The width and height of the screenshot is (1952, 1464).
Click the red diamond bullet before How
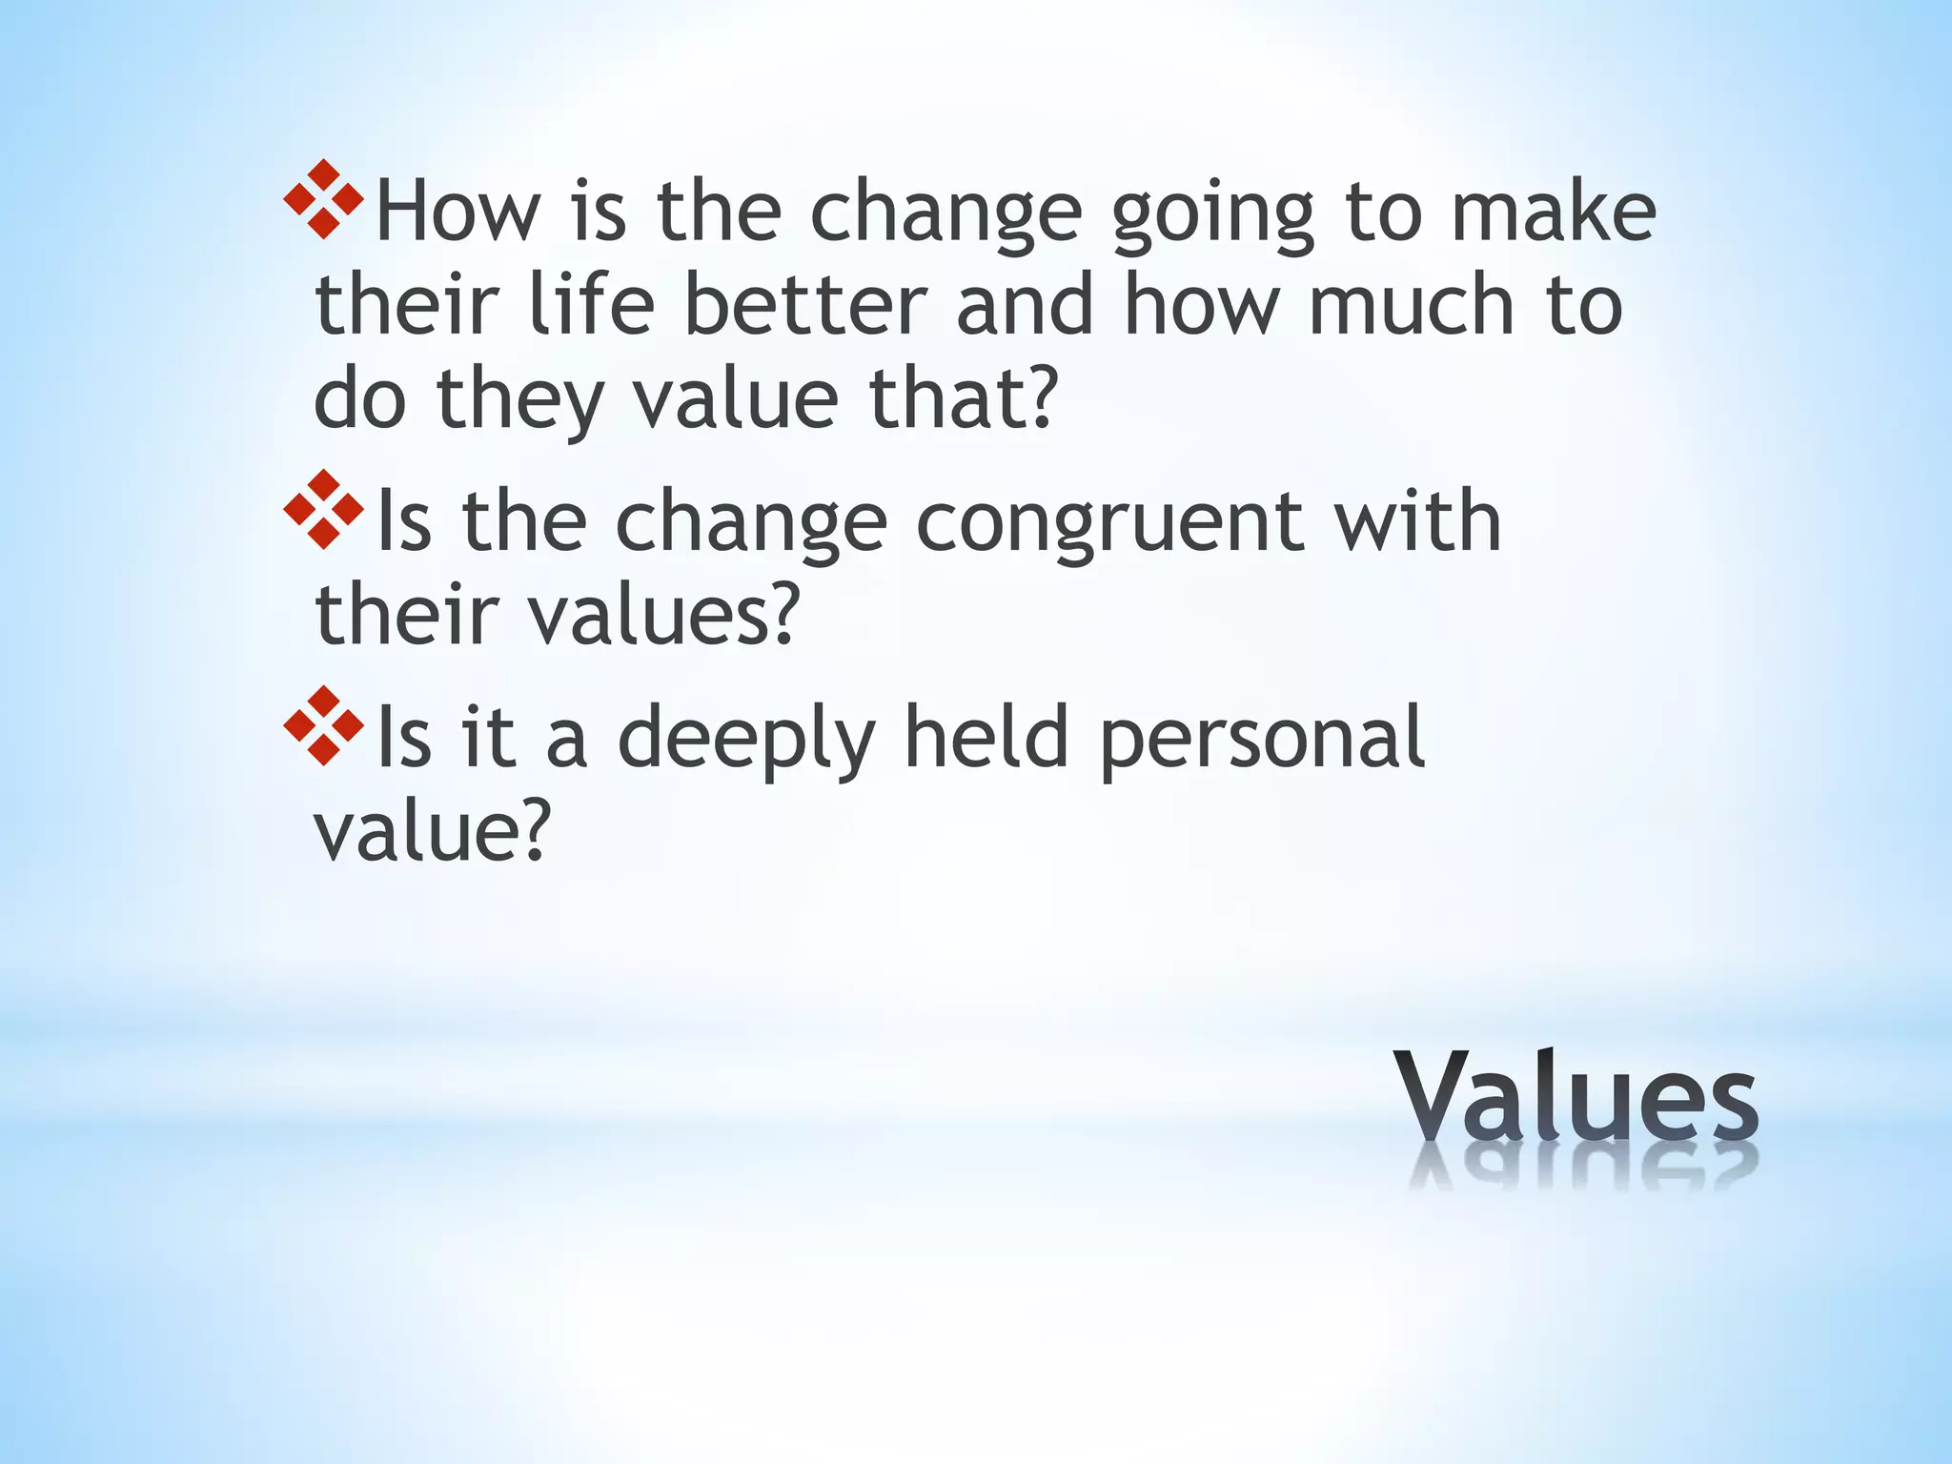(323, 199)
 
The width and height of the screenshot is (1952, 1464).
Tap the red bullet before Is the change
(323, 510)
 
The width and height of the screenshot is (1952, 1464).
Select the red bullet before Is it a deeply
(323, 725)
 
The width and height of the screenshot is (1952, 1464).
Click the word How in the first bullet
(457, 212)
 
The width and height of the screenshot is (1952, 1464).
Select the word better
(805, 305)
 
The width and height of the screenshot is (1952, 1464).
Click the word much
(1412, 305)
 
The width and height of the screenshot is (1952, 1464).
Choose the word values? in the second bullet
(661, 615)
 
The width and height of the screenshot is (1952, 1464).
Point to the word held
(986, 736)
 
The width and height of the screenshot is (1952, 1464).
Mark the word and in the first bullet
(1025, 305)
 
